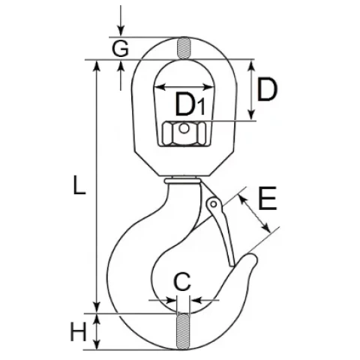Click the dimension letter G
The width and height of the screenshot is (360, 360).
120,48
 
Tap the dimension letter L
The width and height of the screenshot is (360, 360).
79,184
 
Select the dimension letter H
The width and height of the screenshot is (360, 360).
78,331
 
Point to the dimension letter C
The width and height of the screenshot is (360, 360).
182,282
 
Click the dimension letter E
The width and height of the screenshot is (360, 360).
268,198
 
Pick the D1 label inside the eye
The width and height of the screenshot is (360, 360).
190,104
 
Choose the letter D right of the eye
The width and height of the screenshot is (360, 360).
267,89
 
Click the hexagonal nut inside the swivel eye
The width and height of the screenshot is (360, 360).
184,133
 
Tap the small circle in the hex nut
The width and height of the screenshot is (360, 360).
184,129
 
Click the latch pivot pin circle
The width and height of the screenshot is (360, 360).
214,205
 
